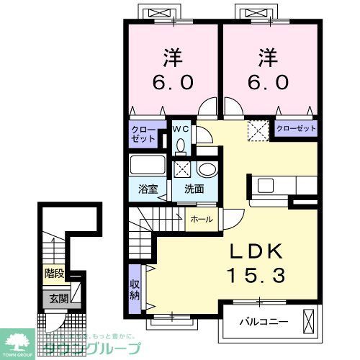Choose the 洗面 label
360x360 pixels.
(193, 189)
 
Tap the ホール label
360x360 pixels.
(202, 220)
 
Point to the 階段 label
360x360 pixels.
(53, 274)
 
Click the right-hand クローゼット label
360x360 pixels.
(297, 128)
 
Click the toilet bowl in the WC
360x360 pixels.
(181, 145)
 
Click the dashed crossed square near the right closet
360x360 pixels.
(258, 130)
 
